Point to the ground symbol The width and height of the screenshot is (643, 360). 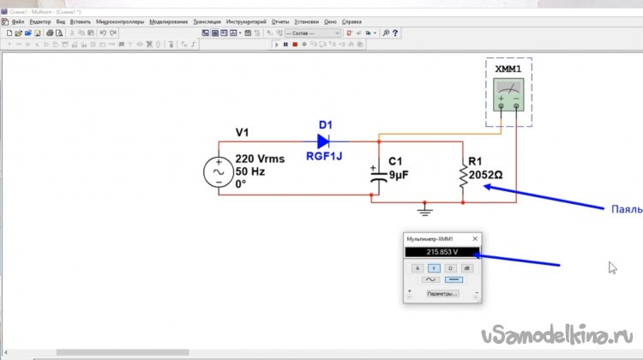tap(423, 209)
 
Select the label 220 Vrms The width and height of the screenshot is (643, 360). tap(257, 159)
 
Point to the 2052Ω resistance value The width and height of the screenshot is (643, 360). tap(485, 175)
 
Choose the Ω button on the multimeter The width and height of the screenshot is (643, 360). tap(450, 268)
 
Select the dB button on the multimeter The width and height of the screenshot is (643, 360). tap(466, 268)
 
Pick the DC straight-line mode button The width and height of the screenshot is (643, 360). tap(453, 279)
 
